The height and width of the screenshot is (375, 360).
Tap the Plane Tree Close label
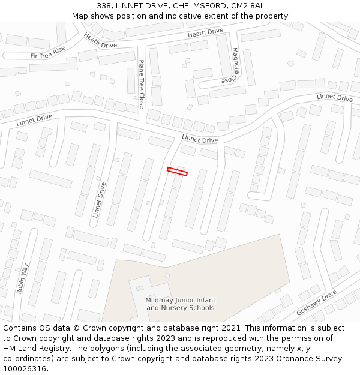click(142, 84)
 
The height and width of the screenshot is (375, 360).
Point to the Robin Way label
click(23, 278)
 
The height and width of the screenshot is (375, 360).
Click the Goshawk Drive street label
click(317, 304)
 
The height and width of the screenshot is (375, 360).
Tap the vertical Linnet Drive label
click(100, 200)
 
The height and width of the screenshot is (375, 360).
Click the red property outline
click(177, 172)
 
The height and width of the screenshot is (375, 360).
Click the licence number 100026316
click(24, 369)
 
